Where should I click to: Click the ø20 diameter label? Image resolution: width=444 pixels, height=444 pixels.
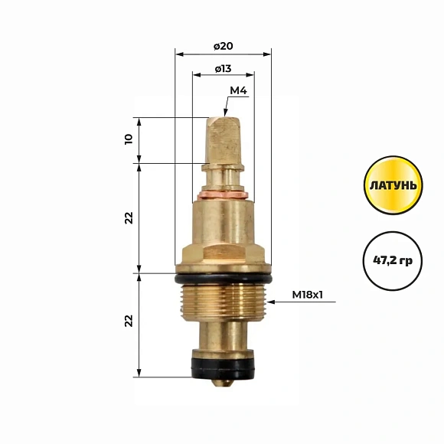coord(223,46)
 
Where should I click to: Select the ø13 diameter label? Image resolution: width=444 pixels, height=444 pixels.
coord(223,69)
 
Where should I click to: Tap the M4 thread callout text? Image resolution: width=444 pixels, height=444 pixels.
coord(238,90)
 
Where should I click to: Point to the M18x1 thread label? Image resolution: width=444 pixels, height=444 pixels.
coord(307,295)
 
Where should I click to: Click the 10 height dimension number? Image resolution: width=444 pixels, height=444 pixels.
coord(129,139)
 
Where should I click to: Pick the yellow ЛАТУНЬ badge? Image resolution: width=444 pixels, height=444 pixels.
coord(393,185)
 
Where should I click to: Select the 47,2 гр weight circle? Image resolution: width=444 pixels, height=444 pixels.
coord(393,261)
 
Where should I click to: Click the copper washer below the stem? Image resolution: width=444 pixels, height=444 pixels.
coord(223,195)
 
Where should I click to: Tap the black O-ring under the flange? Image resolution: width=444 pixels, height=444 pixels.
coord(223,279)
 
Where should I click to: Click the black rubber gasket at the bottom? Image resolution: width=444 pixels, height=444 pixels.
coord(223,367)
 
